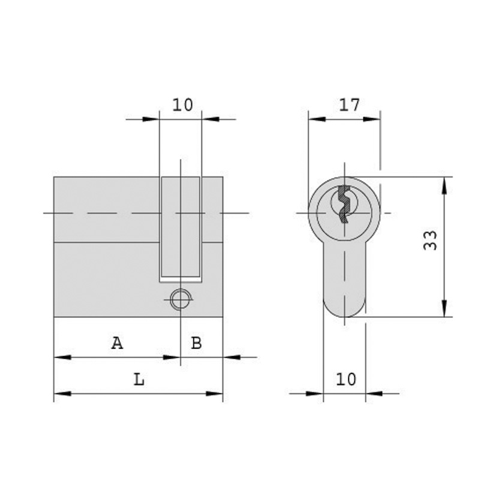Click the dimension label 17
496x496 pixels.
pos(350,105)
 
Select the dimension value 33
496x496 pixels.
pos(430,241)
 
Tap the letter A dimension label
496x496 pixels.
pos(117,343)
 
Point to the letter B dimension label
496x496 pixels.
pos(197,343)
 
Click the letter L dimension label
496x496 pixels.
pos(139,379)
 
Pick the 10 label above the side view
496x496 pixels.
pos(182,105)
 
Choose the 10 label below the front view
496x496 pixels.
pos(346,379)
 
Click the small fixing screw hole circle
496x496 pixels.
pos(181,299)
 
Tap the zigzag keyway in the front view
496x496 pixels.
pos(344,204)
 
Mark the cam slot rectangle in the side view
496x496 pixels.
pos(181,229)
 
